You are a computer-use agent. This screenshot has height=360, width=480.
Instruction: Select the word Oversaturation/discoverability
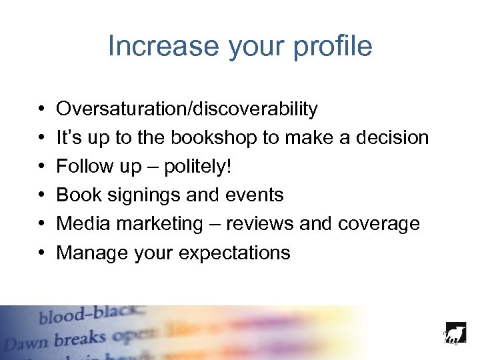pyautogui.click(x=187, y=109)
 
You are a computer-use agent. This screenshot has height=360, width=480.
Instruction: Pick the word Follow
pyautogui.click(x=84, y=166)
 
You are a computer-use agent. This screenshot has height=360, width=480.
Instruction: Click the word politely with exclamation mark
pyautogui.click(x=199, y=166)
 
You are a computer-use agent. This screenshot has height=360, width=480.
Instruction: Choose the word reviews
pyautogui.click(x=260, y=223)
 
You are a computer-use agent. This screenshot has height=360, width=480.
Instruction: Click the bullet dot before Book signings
pyautogui.click(x=41, y=195)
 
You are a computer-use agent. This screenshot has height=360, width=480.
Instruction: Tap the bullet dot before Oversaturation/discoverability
pyautogui.click(x=41, y=109)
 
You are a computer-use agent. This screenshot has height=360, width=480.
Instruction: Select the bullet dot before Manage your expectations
pyautogui.click(x=41, y=253)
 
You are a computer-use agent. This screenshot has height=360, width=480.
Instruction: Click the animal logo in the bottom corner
pyautogui.click(x=455, y=333)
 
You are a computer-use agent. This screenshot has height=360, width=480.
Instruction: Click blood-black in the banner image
pyautogui.click(x=89, y=314)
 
